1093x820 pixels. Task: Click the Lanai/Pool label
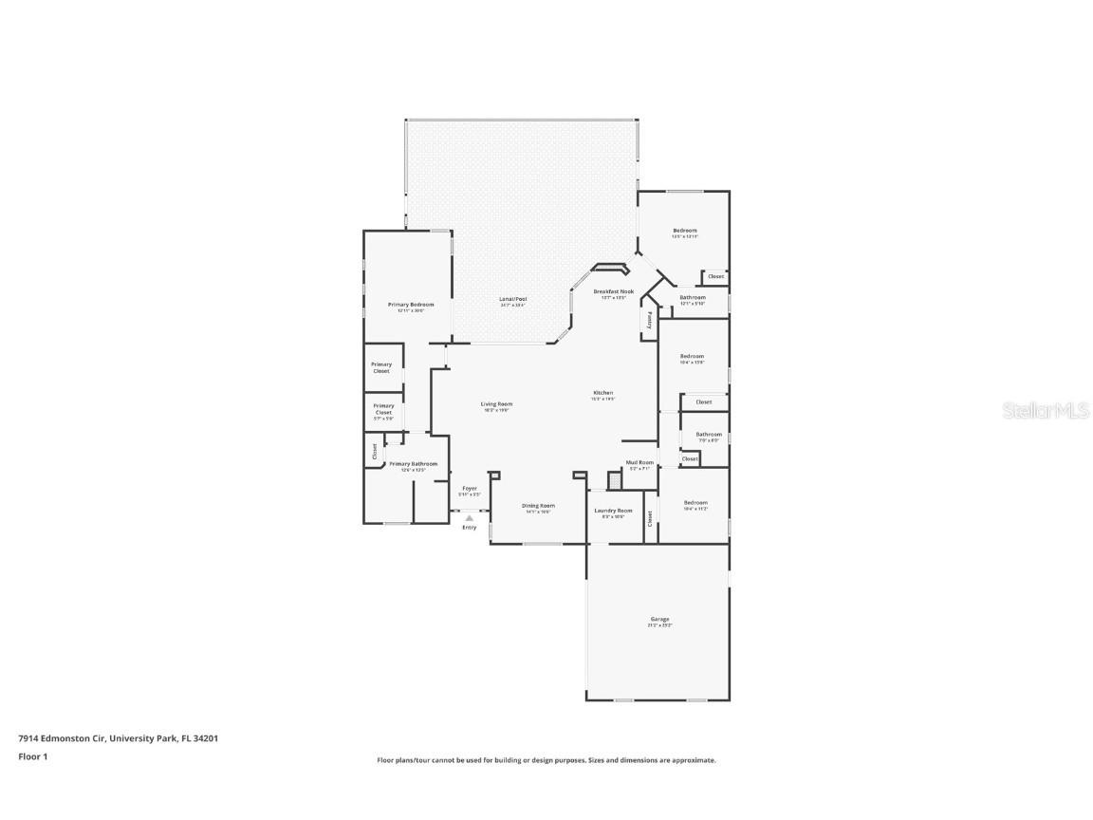[512, 299]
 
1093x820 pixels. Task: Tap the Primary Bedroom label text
[411, 305]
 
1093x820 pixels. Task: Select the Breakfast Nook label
[613, 291]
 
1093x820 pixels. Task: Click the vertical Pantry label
[650, 321]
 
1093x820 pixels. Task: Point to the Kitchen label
[603, 392]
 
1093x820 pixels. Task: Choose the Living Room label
[496, 403]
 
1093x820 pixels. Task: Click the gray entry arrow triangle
[469, 518]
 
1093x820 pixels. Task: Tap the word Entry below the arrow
[469, 528]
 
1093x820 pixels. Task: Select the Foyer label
[470, 489]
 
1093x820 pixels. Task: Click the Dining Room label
[538, 506]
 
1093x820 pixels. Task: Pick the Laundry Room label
[613, 511]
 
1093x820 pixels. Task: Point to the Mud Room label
[639, 462]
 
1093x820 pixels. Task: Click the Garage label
[658, 619]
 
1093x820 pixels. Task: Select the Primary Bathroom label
[413, 464]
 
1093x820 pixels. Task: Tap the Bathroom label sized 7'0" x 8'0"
[709, 435]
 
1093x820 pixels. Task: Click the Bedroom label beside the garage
[695, 503]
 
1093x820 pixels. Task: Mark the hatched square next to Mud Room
[614, 481]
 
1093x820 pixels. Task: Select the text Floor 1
[32, 756]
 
